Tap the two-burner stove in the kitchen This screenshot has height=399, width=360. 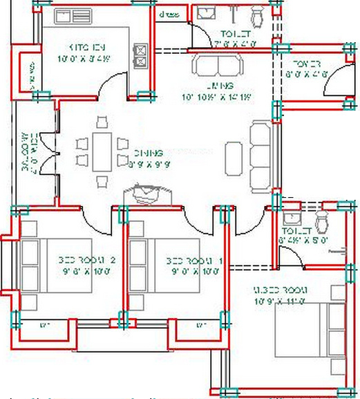tap(141, 55)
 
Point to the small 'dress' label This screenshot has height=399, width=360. tap(169, 15)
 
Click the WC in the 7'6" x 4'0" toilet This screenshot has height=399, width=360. tap(258, 15)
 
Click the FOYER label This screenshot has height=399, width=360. tap(307, 64)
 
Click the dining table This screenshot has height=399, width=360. tap(102, 151)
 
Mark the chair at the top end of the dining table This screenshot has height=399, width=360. tap(102, 123)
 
